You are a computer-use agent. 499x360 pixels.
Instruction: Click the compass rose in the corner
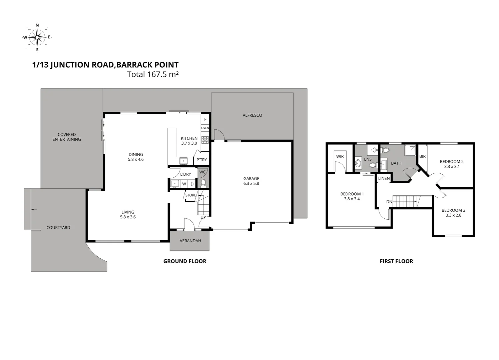click(37, 37)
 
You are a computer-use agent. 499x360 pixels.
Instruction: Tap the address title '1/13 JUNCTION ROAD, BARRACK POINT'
click(105, 65)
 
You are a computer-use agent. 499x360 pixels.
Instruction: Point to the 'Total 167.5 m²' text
click(153, 74)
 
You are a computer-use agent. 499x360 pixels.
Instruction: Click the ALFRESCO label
click(252, 115)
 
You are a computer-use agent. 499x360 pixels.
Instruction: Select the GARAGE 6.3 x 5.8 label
click(251, 181)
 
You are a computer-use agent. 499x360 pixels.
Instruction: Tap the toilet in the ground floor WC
click(203, 183)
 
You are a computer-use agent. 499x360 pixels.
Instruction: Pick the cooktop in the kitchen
click(205, 140)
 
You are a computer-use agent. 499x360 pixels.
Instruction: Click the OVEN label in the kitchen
click(205, 128)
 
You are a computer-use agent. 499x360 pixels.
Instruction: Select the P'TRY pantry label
click(201, 160)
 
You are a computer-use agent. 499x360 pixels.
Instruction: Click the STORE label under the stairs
click(191, 195)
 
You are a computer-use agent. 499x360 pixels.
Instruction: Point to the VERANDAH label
click(190, 241)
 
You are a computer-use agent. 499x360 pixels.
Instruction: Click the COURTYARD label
click(58, 228)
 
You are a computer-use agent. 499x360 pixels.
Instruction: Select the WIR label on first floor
click(340, 156)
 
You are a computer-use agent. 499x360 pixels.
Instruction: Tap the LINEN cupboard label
click(384, 179)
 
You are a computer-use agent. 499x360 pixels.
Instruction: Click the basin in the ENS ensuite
click(358, 163)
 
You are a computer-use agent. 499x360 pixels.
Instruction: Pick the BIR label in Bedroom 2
click(422, 156)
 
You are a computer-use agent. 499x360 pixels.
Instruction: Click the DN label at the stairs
click(389, 202)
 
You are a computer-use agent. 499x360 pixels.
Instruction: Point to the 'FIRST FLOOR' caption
click(396, 261)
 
